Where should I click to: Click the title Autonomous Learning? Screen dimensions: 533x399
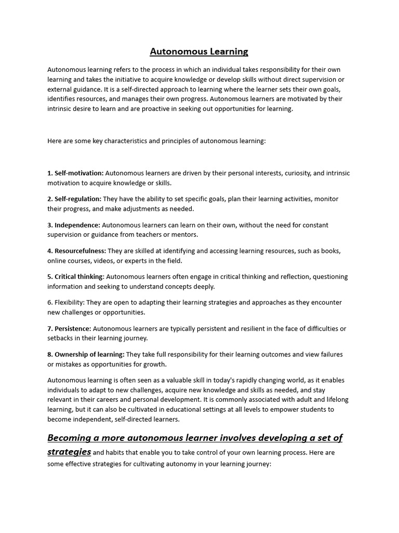tap(199, 52)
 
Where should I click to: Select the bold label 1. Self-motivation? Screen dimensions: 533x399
tap(75, 173)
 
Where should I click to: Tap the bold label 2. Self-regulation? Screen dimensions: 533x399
tap(75, 199)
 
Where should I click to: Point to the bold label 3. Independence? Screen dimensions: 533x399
tap(74, 225)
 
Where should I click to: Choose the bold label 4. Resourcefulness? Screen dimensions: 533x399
tap(76, 251)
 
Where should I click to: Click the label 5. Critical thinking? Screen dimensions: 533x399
tap(75, 276)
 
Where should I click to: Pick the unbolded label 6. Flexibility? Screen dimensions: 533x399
tap(66, 302)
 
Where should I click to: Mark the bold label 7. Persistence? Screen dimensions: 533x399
tap(69, 328)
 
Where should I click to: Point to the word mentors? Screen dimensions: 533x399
tap(185, 235)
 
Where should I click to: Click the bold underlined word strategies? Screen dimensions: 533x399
tap(69, 451)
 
